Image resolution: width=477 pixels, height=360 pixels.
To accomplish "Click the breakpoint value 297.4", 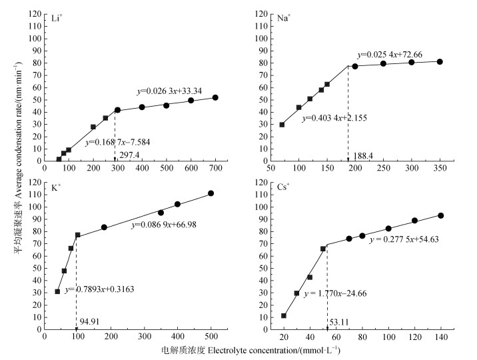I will (x=130, y=155).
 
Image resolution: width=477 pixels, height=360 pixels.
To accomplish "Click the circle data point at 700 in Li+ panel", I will (x=215, y=97).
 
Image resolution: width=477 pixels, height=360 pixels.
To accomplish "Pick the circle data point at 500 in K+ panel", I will (x=211, y=193).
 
